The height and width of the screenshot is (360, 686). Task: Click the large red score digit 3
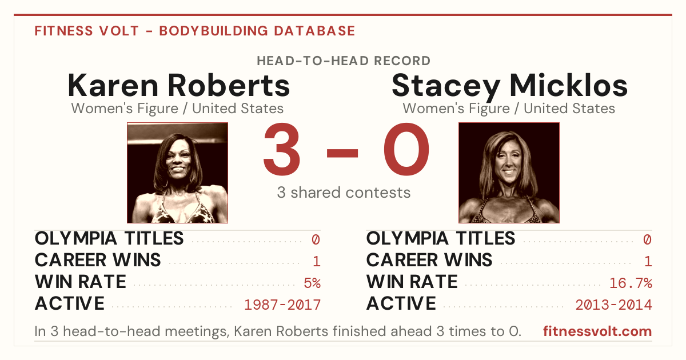tap(282, 149)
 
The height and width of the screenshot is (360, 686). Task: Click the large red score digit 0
tap(406, 149)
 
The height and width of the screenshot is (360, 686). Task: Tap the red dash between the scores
tap(342, 153)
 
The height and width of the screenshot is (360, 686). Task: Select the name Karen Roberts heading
tap(178, 85)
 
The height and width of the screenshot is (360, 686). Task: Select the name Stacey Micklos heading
tap(509, 87)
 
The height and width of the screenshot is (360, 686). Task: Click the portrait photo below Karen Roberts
tap(177, 173)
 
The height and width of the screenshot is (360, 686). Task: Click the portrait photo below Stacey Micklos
tap(509, 173)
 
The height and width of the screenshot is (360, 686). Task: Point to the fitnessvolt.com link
tap(597, 331)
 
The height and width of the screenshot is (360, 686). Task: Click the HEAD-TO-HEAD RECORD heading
tap(344, 61)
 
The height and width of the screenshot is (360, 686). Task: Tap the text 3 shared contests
tap(344, 193)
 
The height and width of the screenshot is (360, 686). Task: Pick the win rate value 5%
tap(312, 283)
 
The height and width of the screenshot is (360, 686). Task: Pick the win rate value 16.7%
tap(631, 283)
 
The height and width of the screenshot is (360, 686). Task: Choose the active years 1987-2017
tap(282, 305)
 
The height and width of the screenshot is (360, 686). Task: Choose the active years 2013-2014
tap(614, 305)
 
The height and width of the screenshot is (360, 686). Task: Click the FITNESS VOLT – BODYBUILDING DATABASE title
tap(195, 31)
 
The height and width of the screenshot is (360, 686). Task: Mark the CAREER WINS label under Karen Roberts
tap(98, 260)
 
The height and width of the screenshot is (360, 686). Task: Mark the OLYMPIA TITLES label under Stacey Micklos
tap(441, 238)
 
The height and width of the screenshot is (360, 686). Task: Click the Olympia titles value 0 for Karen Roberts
tap(316, 239)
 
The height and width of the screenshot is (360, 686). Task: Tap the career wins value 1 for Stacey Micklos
tap(648, 262)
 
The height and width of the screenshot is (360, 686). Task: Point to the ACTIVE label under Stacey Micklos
tap(401, 303)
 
